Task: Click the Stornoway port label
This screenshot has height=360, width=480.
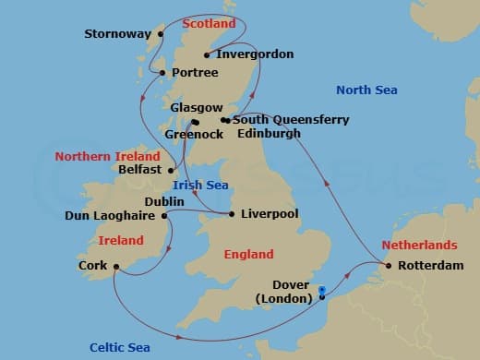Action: (x=117, y=35)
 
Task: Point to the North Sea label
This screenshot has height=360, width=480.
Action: (x=366, y=90)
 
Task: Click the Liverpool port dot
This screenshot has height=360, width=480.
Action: (x=231, y=214)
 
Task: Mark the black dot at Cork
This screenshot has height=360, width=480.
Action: (x=116, y=267)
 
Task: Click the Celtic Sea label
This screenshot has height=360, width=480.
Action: (x=120, y=347)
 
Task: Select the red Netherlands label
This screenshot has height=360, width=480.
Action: (x=418, y=246)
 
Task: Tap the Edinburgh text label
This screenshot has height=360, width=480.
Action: (x=269, y=134)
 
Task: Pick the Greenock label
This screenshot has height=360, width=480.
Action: (x=194, y=134)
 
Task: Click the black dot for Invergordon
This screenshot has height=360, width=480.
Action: (x=207, y=54)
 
